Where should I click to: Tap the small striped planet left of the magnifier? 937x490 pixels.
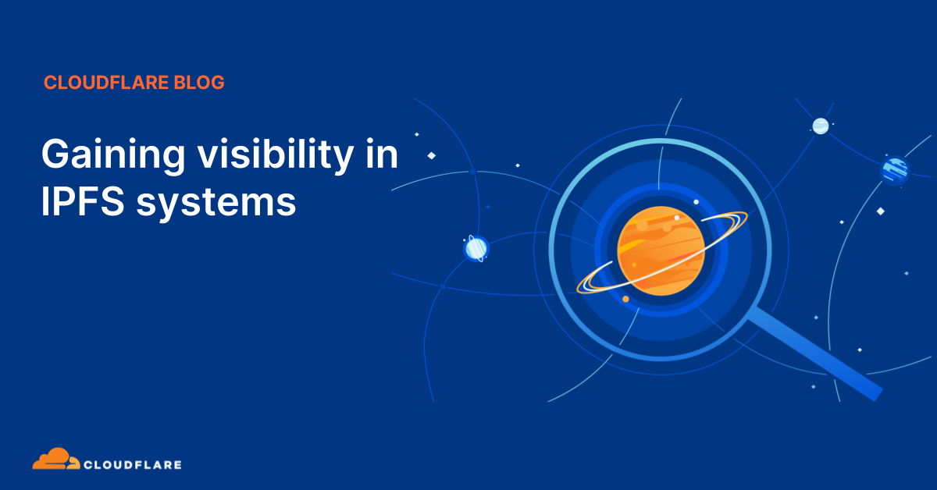476,248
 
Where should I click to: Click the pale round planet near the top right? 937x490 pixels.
820,126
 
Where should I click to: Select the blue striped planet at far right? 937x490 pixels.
895,169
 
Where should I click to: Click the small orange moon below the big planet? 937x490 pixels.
625,299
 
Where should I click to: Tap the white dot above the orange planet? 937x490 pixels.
696,201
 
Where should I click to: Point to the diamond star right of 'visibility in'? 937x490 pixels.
431,155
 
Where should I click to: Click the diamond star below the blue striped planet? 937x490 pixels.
880,211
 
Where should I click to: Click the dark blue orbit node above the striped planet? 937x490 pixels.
473,172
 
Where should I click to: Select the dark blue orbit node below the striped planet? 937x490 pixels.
443,287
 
